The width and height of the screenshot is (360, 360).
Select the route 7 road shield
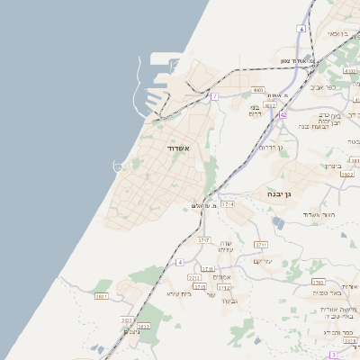click(215, 96)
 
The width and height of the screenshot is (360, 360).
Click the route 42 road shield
click(283, 115)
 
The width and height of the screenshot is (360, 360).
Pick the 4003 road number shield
click(258, 90)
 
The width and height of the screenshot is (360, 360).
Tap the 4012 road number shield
click(271, 105)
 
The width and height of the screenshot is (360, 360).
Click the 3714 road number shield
click(228, 204)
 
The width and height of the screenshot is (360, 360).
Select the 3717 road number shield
click(203, 240)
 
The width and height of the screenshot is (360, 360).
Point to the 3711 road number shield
click(261, 244)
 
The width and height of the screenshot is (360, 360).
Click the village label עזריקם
click(262, 261)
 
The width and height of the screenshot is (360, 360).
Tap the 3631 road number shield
click(101, 295)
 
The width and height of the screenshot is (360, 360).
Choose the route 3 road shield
click(333, 355)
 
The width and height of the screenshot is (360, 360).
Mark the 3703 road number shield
click(318, 282)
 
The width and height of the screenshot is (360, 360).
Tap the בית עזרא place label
click(180, 293)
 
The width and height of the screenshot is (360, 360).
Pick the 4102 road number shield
click(350, 70)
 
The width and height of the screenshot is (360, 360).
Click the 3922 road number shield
click(347, 175)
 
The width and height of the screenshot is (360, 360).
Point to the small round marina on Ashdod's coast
click(118, 165)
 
